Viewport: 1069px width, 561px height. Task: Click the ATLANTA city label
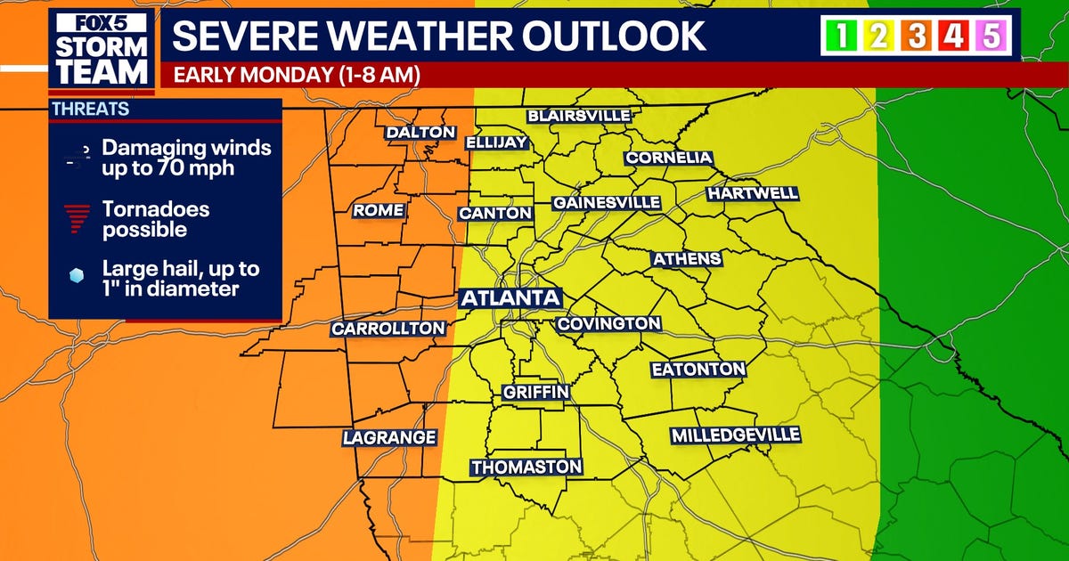pos(510,297)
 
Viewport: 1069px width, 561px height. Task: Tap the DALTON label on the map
pos(420,133)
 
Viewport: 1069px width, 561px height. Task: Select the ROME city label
pos(379,211)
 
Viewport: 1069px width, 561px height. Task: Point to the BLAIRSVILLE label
pos(579,116)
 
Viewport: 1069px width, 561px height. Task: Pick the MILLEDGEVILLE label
pos(736,435)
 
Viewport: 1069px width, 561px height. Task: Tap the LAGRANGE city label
pos(389,437)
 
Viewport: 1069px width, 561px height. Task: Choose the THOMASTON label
pos(526,467)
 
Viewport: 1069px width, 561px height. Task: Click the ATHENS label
pos(686,259)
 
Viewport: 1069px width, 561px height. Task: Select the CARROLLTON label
pos(388,329)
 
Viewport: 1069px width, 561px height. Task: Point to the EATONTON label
pos(698,369)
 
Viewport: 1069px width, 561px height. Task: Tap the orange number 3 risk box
pos(918,37)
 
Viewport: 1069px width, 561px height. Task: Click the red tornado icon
pos(78,217)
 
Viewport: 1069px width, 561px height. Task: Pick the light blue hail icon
pos(78,277)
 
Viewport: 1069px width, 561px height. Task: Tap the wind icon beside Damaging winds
pos(78,157)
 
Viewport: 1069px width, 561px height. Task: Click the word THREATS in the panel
pos(90,110)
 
